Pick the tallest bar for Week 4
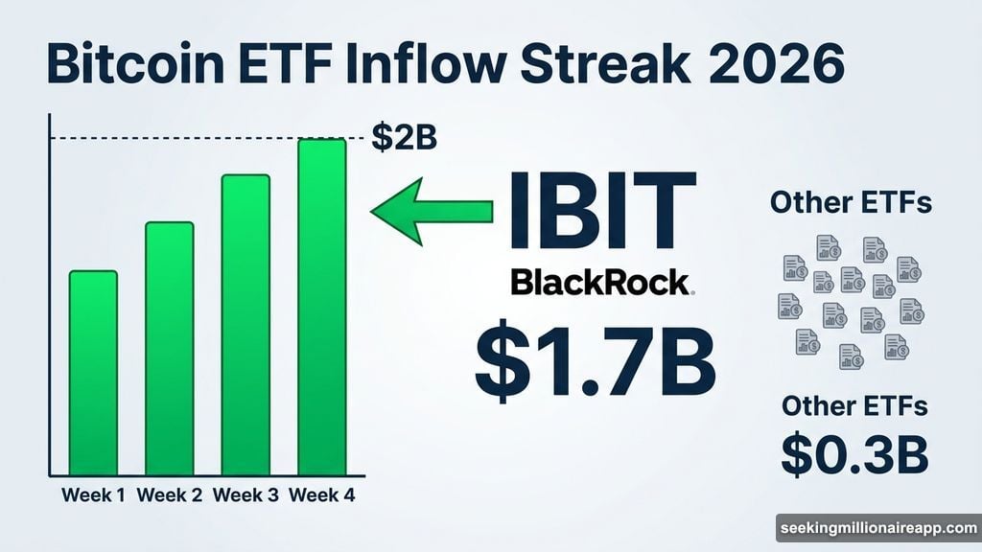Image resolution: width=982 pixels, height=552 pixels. coord(321,307)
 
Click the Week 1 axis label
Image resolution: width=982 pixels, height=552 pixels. coord(94,495)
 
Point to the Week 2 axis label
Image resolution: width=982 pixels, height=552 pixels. coord(170,495)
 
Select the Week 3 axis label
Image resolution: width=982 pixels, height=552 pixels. coord(245,495)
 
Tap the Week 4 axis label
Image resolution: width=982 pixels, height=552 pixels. coord(322,495)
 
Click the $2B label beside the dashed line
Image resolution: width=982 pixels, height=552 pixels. coord(404,138)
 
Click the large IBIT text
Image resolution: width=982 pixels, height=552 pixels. coord(601,211)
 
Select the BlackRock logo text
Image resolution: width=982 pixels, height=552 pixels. coord(600,282)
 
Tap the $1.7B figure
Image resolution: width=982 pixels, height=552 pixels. coord(596,363)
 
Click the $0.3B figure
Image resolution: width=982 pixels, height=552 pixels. coord(853,454)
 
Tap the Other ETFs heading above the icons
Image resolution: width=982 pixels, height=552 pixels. coord(851,203)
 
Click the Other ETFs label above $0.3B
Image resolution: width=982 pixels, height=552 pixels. coord(853,405)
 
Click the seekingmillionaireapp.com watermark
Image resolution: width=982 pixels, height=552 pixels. coord(877,528)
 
